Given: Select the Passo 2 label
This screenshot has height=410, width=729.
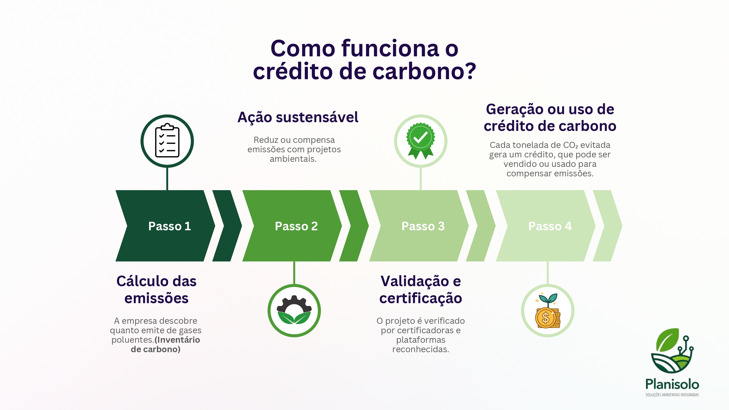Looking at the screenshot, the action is [296, 226].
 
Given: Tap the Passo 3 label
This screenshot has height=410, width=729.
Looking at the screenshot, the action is [423, 226].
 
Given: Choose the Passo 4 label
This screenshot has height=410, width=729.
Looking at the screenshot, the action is [550, 226].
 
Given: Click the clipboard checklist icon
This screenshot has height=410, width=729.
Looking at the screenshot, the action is [167, 141].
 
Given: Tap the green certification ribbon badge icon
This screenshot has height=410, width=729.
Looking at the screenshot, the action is [421, 141].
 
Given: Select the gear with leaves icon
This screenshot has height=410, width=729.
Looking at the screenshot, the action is [294, 310].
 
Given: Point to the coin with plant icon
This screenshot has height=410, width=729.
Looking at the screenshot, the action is [547, 310].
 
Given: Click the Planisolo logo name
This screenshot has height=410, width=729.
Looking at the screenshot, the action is [672, 384].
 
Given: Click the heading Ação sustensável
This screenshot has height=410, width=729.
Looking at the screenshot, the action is [298, 117].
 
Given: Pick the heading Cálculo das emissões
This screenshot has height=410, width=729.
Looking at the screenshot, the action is [156, 290].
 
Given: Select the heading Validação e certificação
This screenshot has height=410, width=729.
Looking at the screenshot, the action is [421, 290].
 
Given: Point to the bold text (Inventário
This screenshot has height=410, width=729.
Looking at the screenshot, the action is [177, 340].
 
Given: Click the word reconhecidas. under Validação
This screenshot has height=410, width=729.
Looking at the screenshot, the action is [421, 349].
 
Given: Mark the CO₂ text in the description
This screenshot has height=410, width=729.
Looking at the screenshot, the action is [571, 145].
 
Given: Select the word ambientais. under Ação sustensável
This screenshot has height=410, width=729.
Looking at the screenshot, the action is [293, 159].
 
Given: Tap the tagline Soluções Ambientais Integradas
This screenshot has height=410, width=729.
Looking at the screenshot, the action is [672, 395].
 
